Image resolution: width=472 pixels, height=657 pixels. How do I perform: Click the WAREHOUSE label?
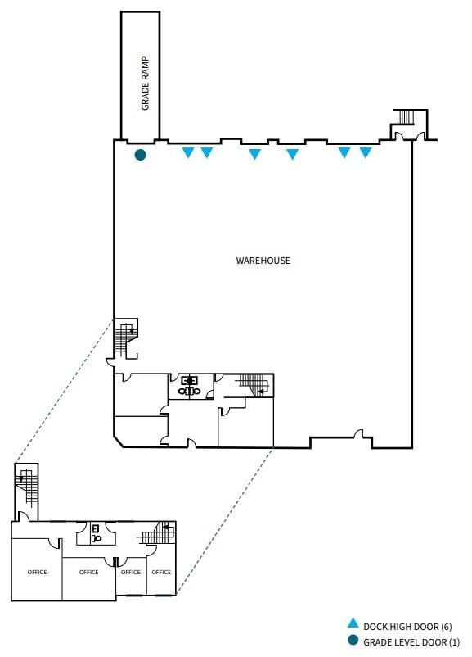coord(263,261)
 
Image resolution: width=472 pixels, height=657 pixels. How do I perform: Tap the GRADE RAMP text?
coord(145,83)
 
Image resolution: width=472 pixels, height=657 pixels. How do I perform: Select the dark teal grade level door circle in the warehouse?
coord(140,155)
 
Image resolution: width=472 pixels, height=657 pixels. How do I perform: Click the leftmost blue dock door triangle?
coord(188,152)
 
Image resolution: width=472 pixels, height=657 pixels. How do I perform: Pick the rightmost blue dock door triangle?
coord(366,152)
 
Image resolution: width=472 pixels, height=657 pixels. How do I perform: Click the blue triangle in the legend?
coord(353,623)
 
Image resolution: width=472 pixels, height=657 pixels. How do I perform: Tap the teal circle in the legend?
coord(353,641)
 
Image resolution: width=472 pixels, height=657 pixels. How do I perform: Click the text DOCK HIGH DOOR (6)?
coord(407,627)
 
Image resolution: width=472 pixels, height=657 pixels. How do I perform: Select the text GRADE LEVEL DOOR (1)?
coord(411,642)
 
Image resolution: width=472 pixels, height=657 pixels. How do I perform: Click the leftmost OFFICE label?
coord(38,572)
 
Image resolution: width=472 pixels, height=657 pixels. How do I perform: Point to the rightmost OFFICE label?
coord(161,572)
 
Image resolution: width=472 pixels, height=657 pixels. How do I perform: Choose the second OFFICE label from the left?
coord(88,572)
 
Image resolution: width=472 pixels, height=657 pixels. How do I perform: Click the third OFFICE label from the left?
coord(131,572)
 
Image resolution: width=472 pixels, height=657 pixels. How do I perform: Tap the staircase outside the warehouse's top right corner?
coord(405,117)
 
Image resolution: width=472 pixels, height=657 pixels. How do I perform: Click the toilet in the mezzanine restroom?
coord(97,537)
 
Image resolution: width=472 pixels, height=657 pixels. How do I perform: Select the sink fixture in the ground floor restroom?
coord(190,380)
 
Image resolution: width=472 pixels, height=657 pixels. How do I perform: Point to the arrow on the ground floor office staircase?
coord(261,392)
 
